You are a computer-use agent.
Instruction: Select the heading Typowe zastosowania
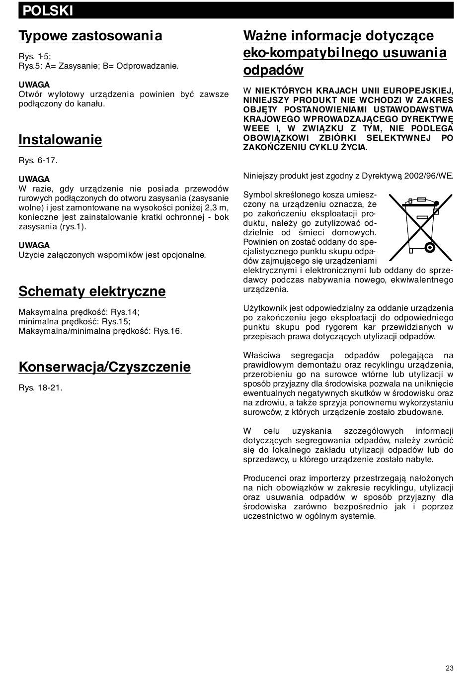90,36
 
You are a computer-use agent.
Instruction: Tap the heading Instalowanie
60,140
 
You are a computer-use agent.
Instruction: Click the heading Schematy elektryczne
92,291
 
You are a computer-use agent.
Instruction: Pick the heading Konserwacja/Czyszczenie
104,367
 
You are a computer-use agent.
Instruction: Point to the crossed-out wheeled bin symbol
420,227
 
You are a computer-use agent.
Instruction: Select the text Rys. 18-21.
40,387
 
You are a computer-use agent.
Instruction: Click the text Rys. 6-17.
38,160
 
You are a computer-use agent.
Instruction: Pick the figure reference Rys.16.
167,331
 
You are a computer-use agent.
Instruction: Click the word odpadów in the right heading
273,70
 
